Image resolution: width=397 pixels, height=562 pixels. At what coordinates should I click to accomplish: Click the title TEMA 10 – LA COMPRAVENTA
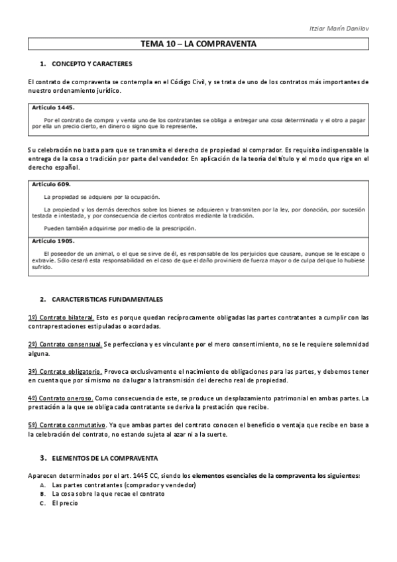pyautogui.click(x=198, y=44)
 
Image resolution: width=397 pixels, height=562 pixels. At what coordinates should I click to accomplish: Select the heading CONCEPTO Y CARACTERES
pyautogui.click(x=92, y=64)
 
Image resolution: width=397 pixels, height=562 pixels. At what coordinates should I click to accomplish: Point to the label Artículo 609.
pyautogui.click(x=52, y=184)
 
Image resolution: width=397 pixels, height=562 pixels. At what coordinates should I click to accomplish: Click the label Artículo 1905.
pyautogui.click(x=54, y=241)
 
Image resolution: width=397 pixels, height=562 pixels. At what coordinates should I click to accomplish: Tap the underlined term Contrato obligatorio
pyautogui.click(x=66, y=371)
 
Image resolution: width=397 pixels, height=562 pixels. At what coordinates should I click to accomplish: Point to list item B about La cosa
pyautogui.click(x=99, y=494)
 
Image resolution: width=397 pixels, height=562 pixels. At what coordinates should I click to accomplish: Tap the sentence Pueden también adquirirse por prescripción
pyautogui.click(x=125, y=228)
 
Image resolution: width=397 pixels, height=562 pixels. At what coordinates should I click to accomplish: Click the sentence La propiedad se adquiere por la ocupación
pyautogui.click(x=101, y=197)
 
